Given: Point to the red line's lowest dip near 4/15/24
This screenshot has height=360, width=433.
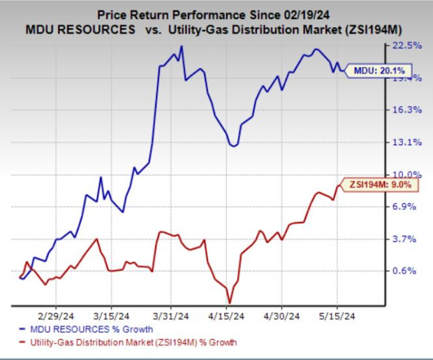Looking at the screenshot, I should [x=229, y=302].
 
